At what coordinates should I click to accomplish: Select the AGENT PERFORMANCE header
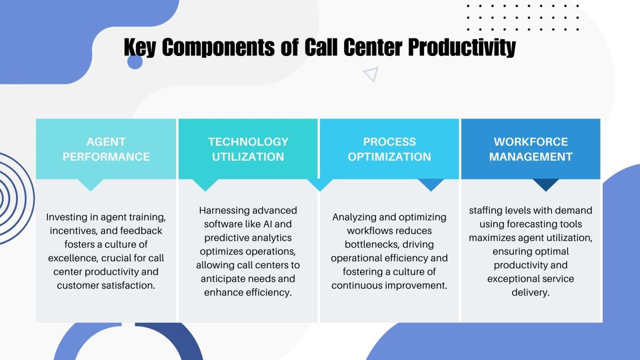point(106,149)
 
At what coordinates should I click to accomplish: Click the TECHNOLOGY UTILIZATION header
point(248,149)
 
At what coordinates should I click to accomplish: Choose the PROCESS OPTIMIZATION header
point(389,149)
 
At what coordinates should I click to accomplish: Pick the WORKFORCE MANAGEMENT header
point(531,149)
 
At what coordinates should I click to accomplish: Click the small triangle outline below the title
point(371,75)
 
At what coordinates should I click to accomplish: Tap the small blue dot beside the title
point(135,62)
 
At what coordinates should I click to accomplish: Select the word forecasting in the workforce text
point(534,224)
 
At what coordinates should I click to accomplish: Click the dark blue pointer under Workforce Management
point(545,185)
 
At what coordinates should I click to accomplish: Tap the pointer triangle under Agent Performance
point(91,185)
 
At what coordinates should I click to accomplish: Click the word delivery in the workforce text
point(531,293)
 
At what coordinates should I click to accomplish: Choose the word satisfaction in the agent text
point(129,285)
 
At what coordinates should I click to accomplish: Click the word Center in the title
point(370,48)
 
